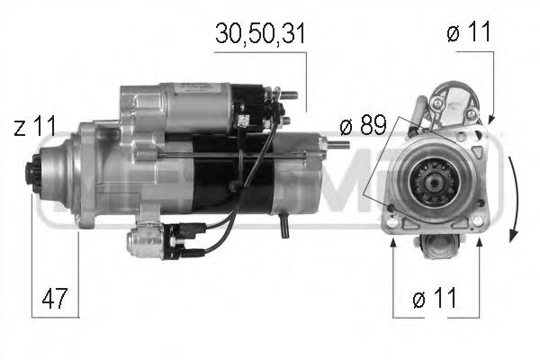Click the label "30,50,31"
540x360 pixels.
coord(260,34)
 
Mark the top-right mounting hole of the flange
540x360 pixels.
coord(478,137)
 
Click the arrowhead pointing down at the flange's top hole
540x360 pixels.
coord(492,121)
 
